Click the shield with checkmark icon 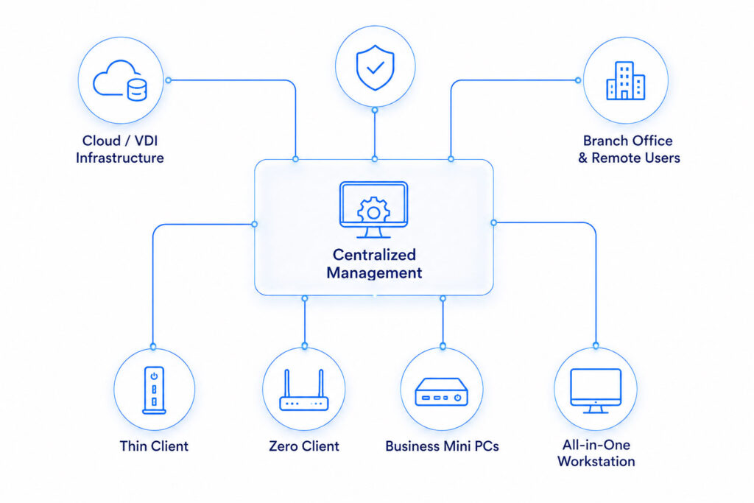(x=375, y=67)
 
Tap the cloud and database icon (x=120, y=81)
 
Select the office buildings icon (x=625, y=80)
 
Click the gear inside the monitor (x=373, y=210)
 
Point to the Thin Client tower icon (x=154, y=390)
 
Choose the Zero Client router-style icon (x=304, y=390)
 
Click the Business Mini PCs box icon (x=442, y=392)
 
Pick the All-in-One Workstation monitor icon (x=596, y=391)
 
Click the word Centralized (x=374, y=254)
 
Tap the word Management (x=374, y=272)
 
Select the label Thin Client (x=154, y=446)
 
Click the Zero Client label (x=304, y=446)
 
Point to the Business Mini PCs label (x=442, y=446)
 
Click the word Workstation (x=596, y=461)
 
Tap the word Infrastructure (x=120, y=158)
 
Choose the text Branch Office (x=627, y=141)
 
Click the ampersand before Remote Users (x=583, y=158)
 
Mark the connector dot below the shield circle (x=375, y=110)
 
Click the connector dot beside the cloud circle (x=169, y=80)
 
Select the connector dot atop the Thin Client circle (x=153, y=346)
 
